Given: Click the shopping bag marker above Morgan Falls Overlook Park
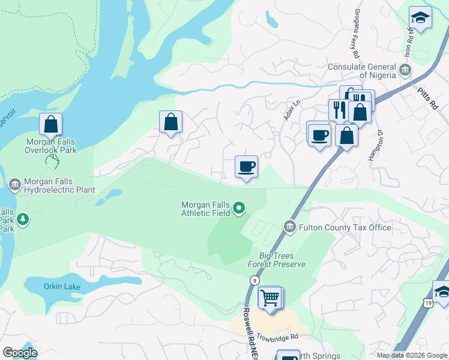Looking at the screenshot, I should [51, 125].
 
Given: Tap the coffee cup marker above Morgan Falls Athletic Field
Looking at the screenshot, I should [246, 166].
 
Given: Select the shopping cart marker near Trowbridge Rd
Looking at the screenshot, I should [270, 297].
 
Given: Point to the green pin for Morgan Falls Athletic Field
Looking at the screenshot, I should [239, 209].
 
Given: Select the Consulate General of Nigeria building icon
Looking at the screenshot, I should [405, 70].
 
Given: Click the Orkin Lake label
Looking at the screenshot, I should [62, 286].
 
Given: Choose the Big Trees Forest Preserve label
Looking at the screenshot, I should [277, 260].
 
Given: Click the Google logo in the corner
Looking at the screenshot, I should [20, 353].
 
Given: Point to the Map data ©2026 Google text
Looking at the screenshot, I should [412, 355].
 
